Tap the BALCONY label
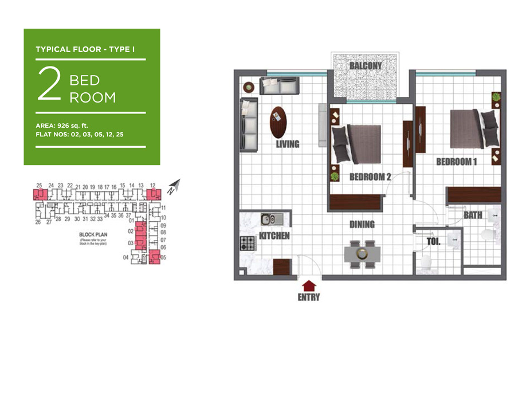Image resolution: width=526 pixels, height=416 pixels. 366,66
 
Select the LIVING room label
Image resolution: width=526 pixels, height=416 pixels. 288,144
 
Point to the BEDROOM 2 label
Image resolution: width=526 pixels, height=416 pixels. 370,177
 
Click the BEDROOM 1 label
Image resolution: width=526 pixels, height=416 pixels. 456,162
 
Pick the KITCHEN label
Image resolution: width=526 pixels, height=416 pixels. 274,236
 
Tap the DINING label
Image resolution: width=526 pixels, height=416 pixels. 362,225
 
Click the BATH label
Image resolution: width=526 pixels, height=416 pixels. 473,215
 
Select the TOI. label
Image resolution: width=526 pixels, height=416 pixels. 433,242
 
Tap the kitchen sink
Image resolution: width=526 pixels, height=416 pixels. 268,219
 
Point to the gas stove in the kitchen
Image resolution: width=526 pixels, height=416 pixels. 248,243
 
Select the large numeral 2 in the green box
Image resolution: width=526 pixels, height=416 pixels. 49,85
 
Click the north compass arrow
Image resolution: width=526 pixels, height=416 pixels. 174,186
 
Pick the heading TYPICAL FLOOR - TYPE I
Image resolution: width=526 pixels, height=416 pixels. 85,50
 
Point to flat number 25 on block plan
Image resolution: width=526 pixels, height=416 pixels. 39,185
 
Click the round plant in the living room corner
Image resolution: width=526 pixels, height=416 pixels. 249,87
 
